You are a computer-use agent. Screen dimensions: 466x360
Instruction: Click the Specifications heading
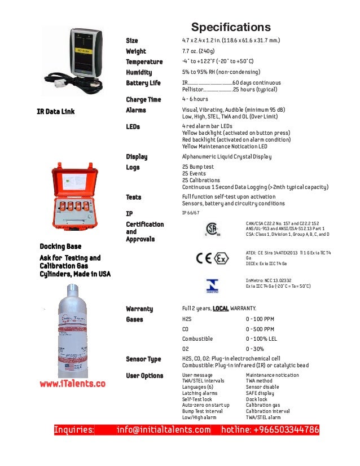(231, 27)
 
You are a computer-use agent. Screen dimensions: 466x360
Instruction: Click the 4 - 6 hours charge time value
(195, 99)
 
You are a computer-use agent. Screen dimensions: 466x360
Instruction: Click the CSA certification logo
(211, 229)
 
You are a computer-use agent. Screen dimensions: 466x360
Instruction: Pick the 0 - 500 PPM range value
(260, 329)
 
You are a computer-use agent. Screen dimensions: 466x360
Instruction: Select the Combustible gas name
(197, 338)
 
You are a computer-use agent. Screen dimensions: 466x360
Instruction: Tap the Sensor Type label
(143, 359)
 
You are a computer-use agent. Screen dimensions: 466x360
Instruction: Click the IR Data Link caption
(56, 111)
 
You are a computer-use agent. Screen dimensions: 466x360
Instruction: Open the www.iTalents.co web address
(72, 384)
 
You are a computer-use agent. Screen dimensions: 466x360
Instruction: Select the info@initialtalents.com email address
(164, 430)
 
